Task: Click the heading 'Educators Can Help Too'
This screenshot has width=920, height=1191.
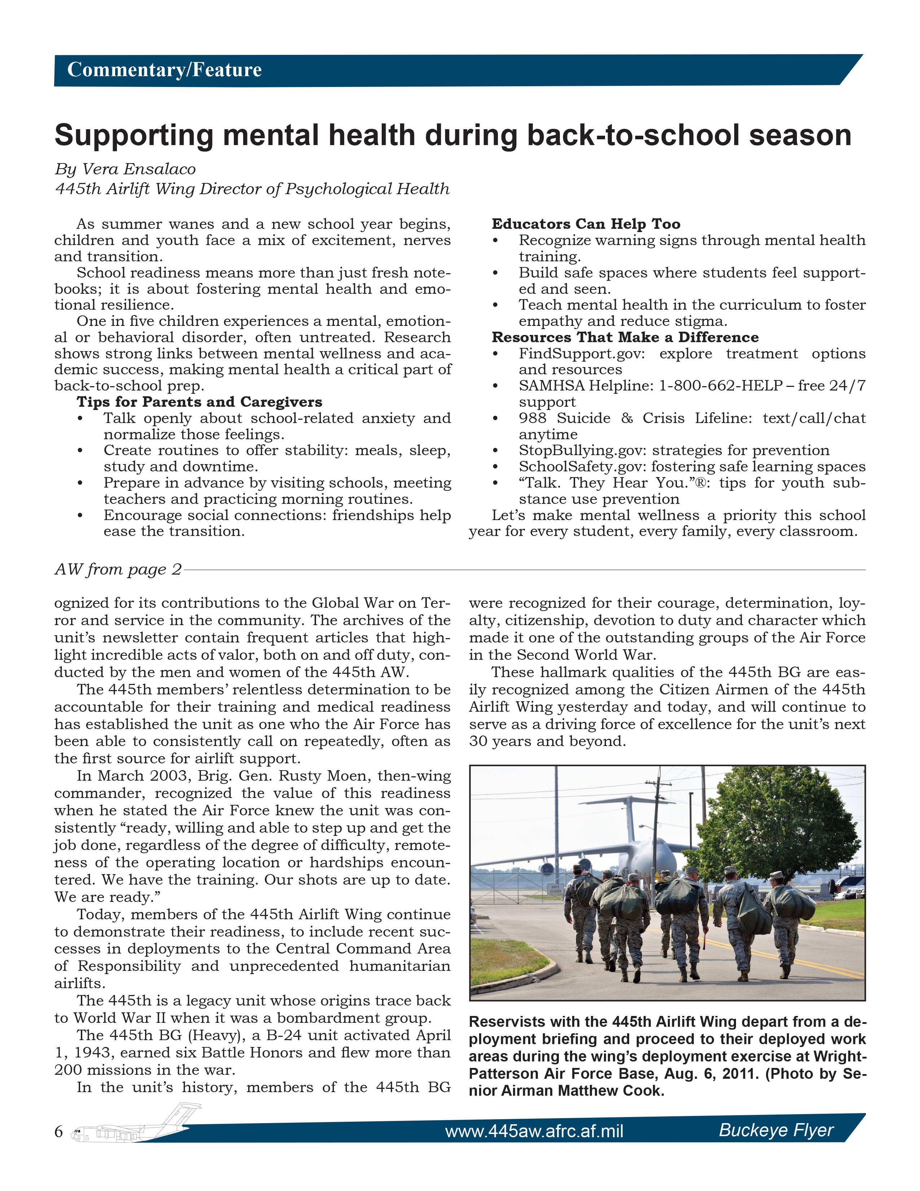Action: point(586,224)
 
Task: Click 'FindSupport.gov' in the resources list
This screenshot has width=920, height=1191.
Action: point(581,354)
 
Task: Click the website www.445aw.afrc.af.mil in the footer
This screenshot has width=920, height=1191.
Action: point(534,1131)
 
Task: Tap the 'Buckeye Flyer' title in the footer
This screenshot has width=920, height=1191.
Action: point(776,1130)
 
